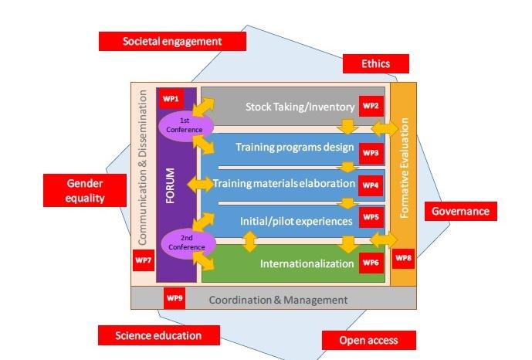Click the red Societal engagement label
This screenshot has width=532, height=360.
pos(172,41)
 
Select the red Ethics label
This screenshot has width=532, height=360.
pos(376,63)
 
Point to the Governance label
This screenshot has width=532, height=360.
pos(460,210)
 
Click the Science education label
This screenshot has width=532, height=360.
pos(158,335)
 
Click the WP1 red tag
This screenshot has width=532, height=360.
pos(170,99)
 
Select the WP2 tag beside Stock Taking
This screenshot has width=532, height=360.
pos(371,106)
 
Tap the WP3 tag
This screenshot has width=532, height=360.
pos(371,153)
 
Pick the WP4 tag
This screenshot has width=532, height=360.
pos(371,185)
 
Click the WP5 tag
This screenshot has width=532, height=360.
pos(371,219)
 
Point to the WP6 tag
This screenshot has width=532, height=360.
pos(371,263)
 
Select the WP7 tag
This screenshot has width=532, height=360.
pos(144,260)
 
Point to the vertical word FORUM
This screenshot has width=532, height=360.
pos(171,184)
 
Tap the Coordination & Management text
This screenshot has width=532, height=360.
pos(278,299)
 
